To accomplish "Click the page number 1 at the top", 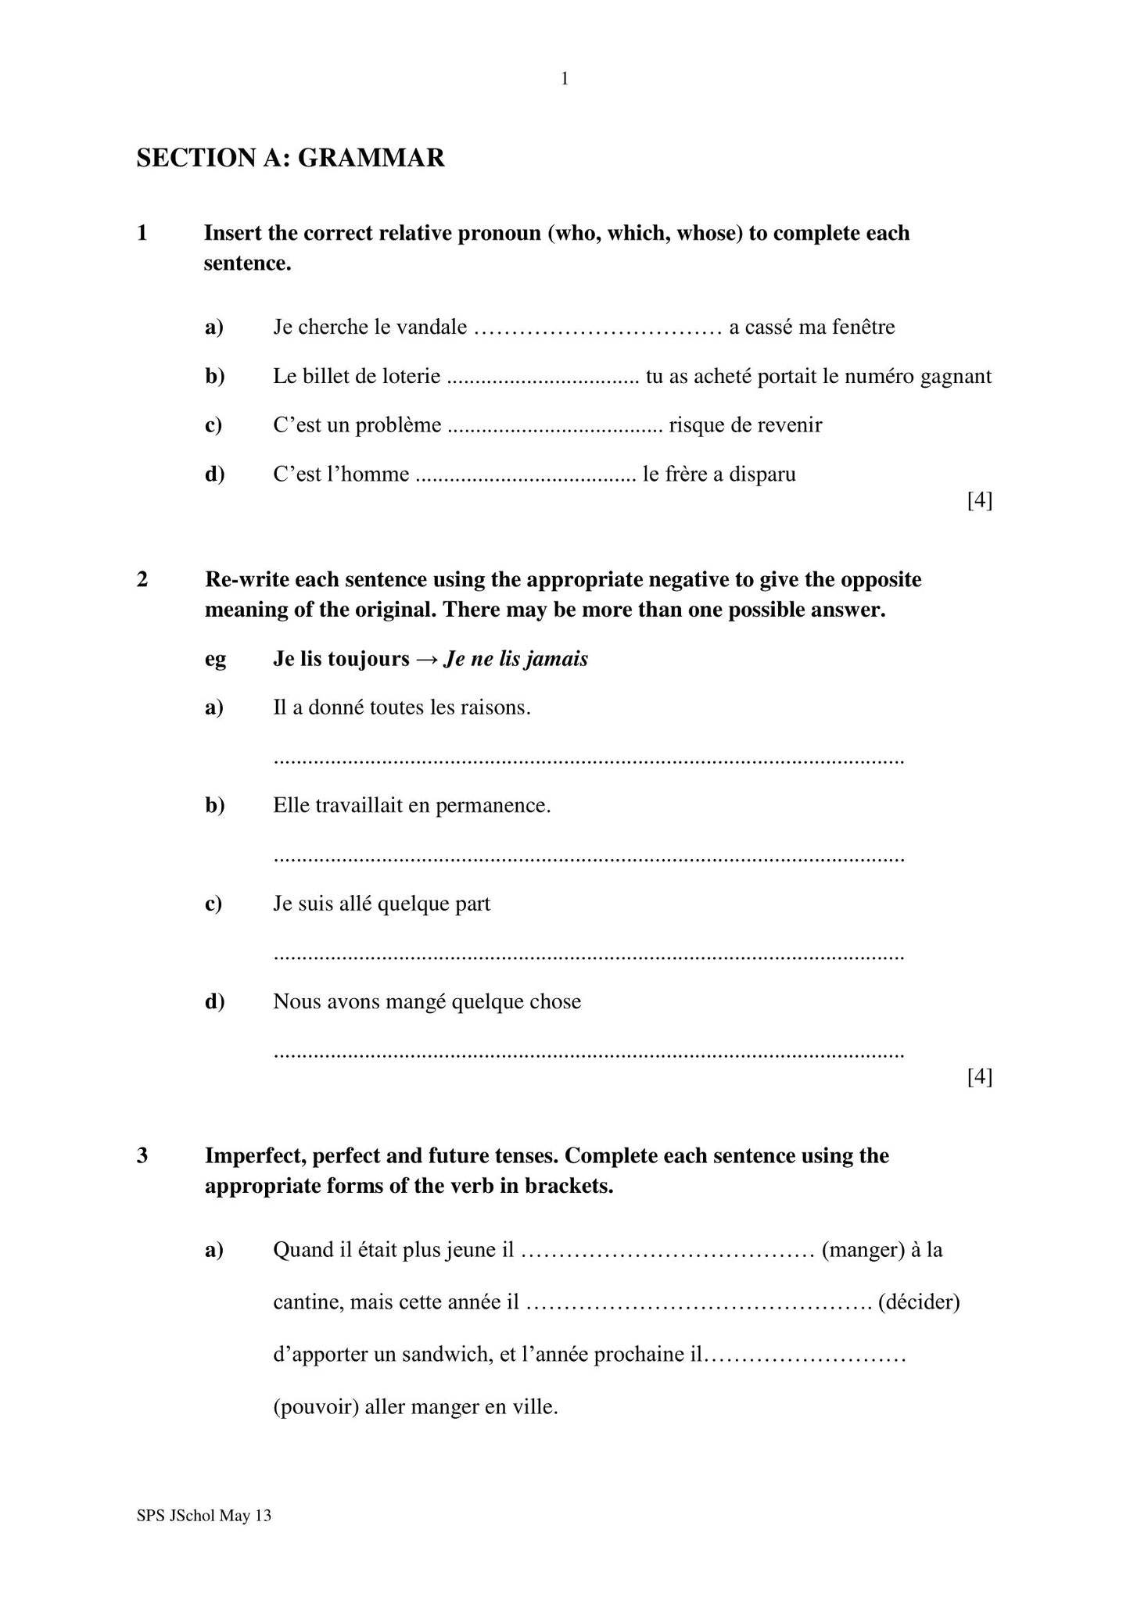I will point(565,79).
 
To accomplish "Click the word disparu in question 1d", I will point(762,474).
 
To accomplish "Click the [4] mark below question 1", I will point(979,500).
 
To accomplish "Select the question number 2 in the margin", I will point(142,579).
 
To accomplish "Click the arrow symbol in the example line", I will point(426,659).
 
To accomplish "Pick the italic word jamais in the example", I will point(556,659).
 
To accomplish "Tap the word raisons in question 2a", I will point(497,708).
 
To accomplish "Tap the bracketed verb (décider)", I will point(919,1302).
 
